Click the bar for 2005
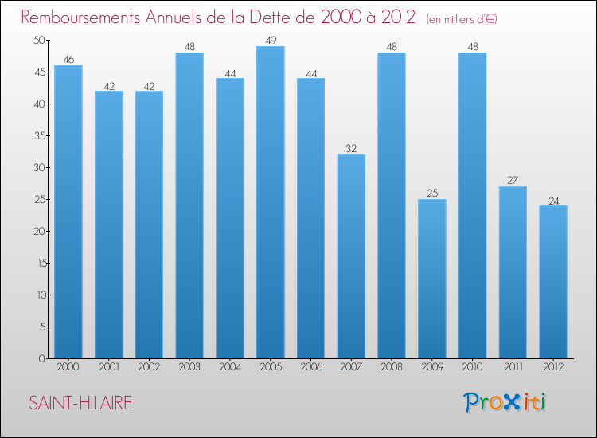pos(270,202)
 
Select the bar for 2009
pos(432,279)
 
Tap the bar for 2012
pos(553,282)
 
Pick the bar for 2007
pos(351,256)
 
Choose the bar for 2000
pos(68,212)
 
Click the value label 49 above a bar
pos(270,40)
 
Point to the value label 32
pos(351,148)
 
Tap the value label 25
pos(432,193)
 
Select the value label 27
pos(513,180)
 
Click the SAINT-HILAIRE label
pos(80,404)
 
